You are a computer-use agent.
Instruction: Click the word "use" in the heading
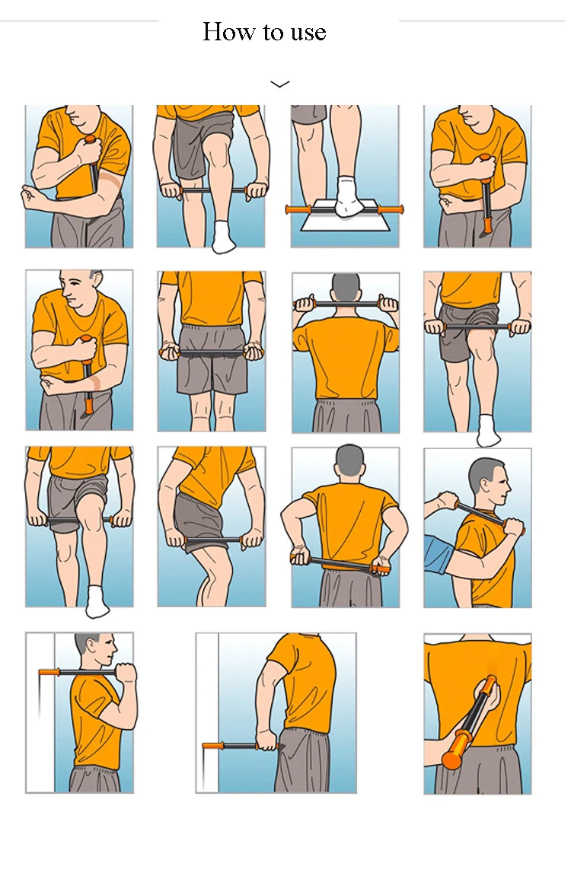308,33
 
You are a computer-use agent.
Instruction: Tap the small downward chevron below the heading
280,84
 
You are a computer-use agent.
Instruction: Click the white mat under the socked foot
346,216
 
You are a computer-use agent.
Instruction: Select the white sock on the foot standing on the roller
348,196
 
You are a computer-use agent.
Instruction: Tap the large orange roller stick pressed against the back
470,722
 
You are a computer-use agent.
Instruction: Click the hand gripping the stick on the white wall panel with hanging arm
267,739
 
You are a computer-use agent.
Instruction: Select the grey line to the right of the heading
482,21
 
